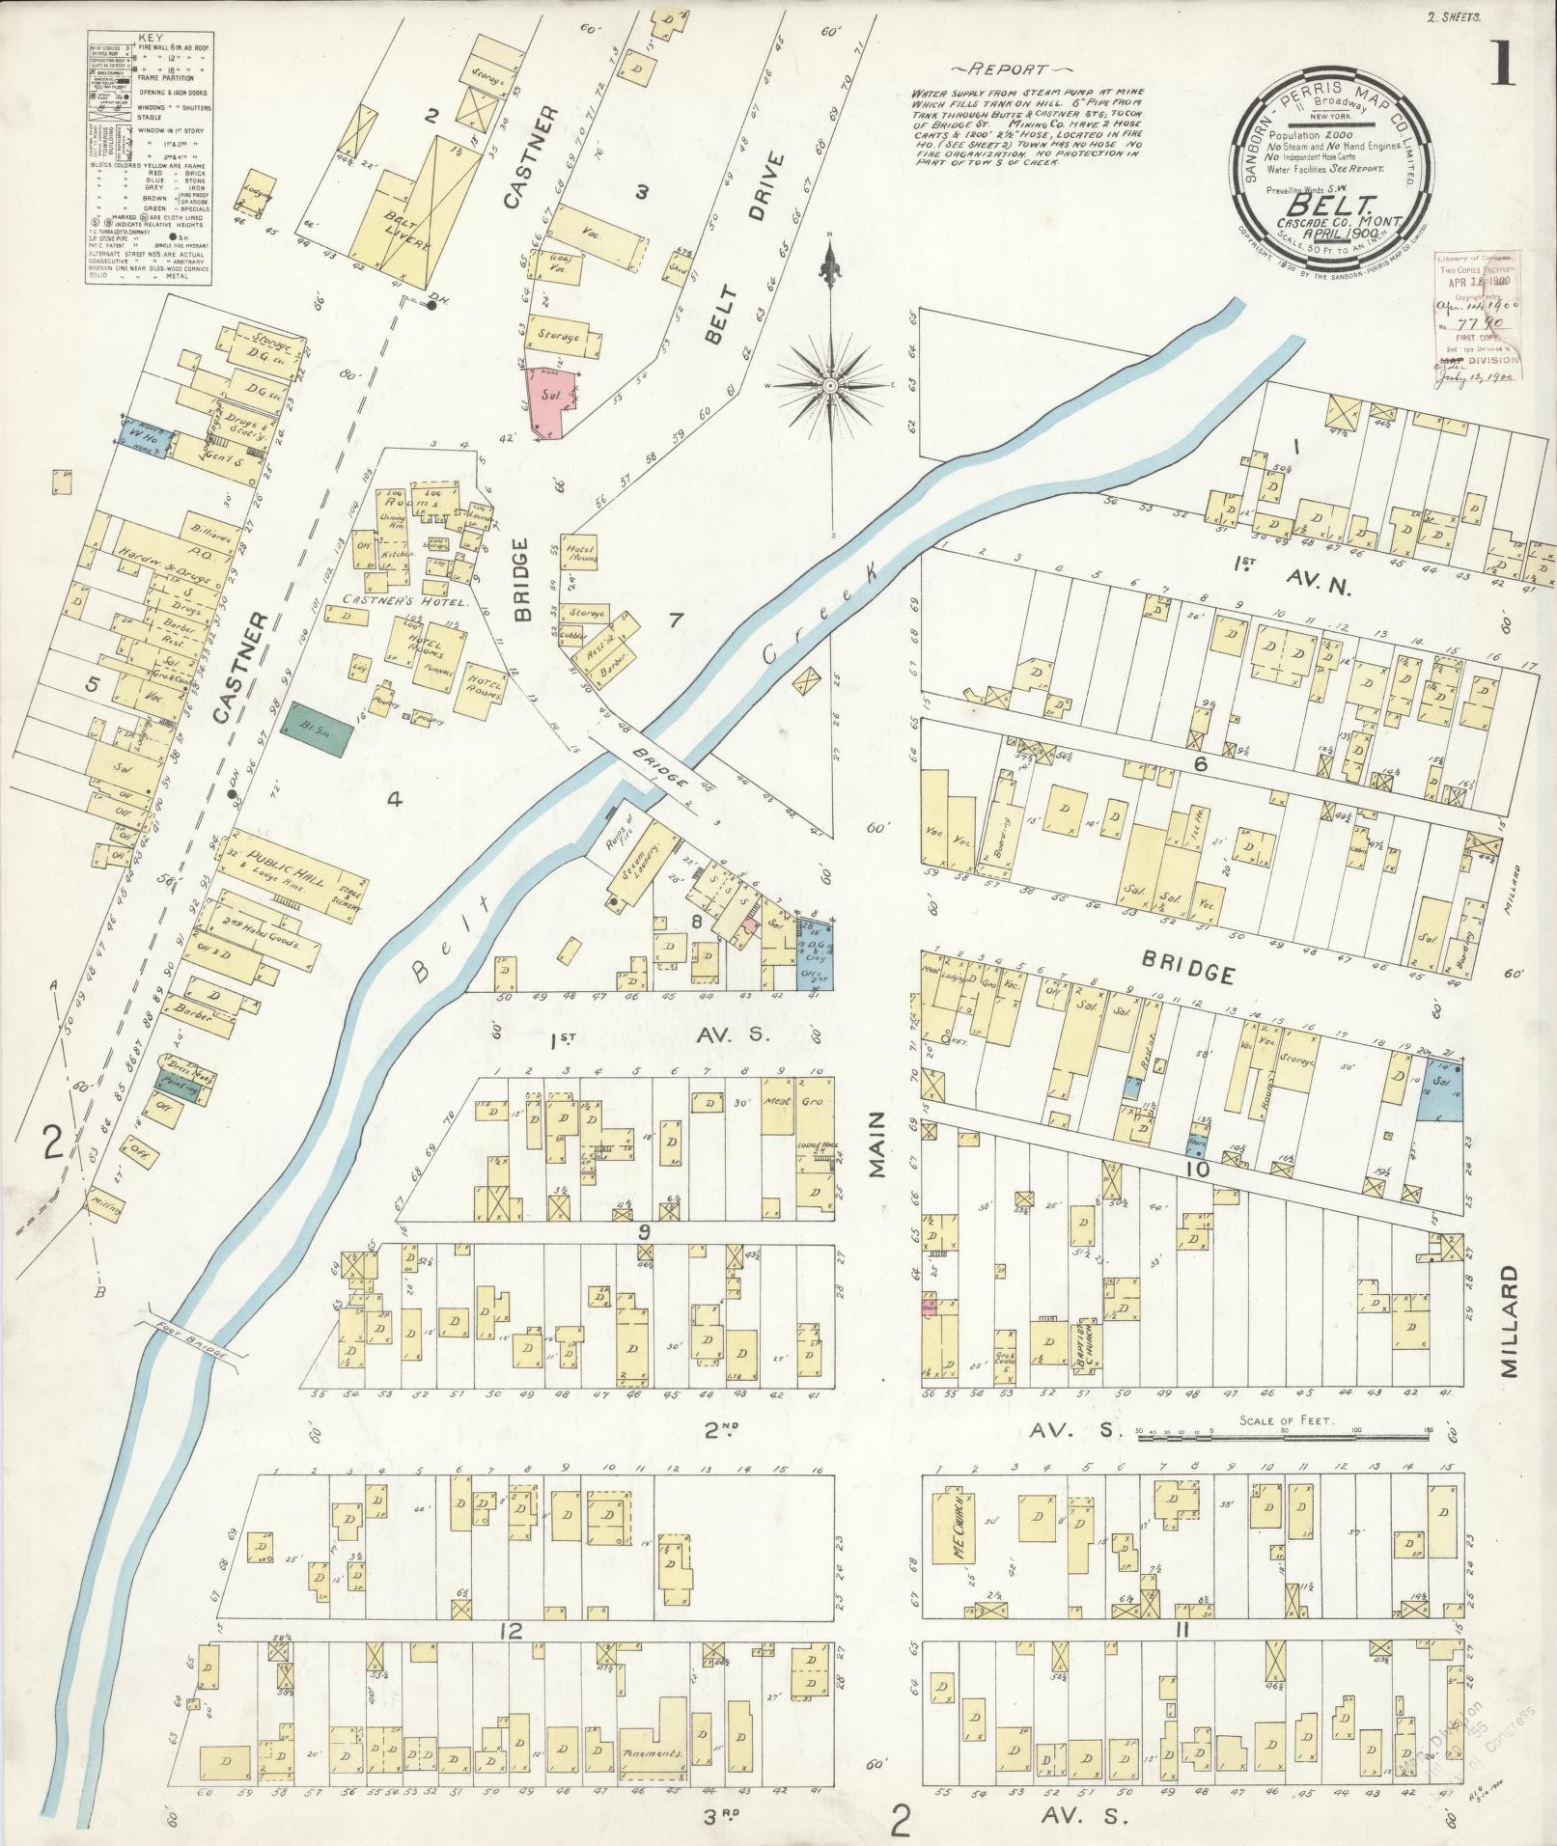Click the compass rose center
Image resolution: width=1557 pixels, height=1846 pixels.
click(828, 385)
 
